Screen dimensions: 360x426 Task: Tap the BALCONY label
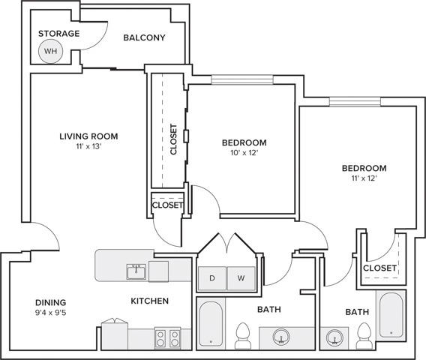pyautogui.click(x=144, y=37)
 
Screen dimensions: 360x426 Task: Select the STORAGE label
pyautogui.click(x=58, y=33)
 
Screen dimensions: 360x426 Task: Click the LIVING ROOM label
pyautogui.click(x=89, y=136)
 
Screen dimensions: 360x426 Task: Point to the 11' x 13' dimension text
pyautogui.click(x=89, y=147)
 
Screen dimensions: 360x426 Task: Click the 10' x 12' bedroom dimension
pyautogui.click(x=244, y=153)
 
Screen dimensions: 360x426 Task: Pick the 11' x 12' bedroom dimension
pyautogui.click(x=363, y=178)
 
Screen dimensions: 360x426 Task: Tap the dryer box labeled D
pyautogui.click(x=212, y=278)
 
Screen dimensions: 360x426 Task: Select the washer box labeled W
pyautogui.click(x=241, y=278)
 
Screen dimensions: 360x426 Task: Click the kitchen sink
pyautogui.click(x=136, y=270)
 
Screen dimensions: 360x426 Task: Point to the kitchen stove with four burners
pyautogui.click(x=167, y=338)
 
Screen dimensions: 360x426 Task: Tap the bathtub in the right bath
pyautogui.click(x=391, y=316)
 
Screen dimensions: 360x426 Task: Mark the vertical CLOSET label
pyautogui.click(x=174, y=139)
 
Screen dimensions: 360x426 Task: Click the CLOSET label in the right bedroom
pyautogui.click(x=379, y=268)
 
